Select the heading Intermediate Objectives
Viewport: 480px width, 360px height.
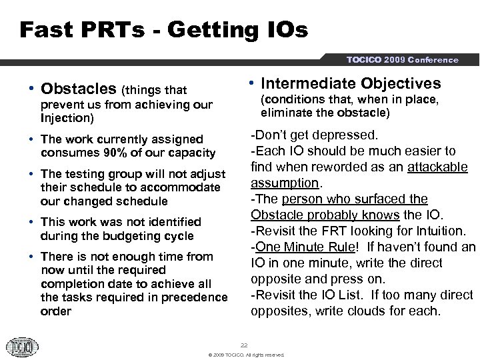(351, 83)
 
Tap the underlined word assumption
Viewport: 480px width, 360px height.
(284, 183)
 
